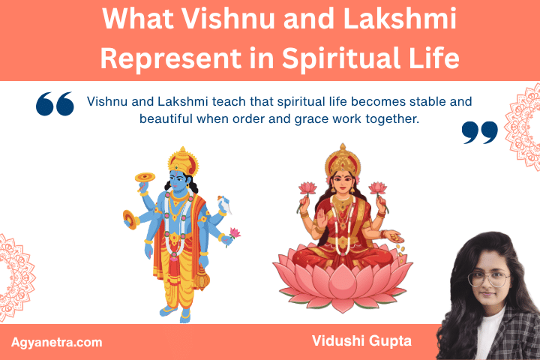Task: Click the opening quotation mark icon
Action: click(x=55, y=104)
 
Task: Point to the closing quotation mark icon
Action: click(x=480, y=132)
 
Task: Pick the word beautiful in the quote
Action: click(x=166, y=118)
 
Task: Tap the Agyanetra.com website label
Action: click(x=57, y=342)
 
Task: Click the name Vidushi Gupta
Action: click(x=361, y=341)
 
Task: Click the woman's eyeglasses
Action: click(x=488, y=279)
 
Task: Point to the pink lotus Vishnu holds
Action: click(x=235, y=233)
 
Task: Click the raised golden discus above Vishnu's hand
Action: click(x=145, y=177)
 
